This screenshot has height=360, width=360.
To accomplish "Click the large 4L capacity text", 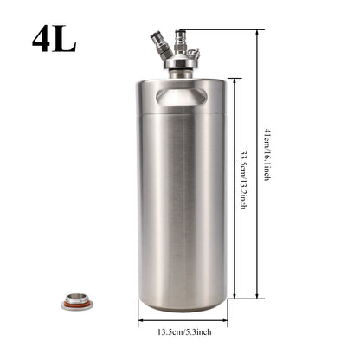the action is click(54, 40).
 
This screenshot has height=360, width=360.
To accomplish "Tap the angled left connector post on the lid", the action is click(161, 46).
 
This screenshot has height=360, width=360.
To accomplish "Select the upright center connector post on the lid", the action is click(180, 42).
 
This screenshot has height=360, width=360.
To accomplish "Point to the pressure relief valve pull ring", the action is click(193, 53).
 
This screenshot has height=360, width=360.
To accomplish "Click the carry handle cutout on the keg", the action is click(182, 97).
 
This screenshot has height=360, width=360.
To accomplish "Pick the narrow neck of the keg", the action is click(181, 74).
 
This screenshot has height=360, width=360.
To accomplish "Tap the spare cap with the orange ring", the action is click(77, 301).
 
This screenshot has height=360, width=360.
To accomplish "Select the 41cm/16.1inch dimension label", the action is click(267, 154).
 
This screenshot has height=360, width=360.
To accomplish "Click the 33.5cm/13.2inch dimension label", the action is click(243, 179).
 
